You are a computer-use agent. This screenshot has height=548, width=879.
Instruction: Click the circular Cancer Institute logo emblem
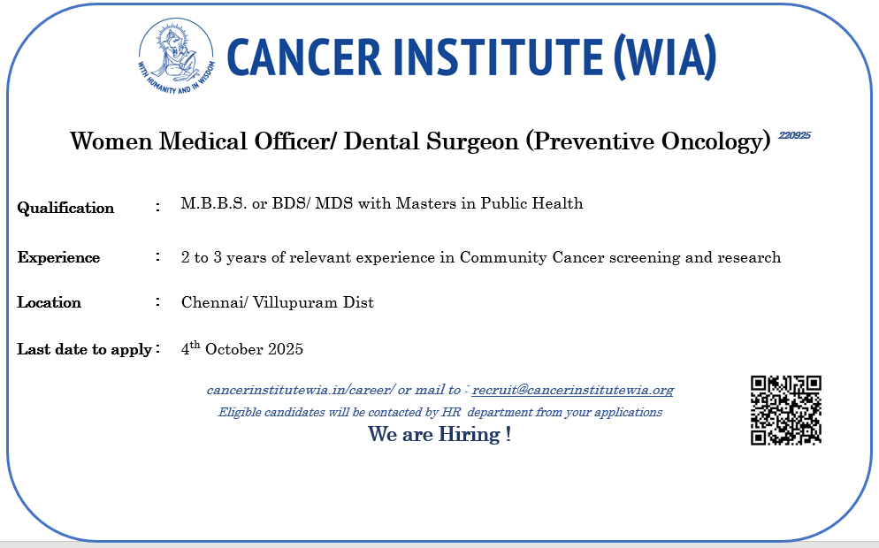177,56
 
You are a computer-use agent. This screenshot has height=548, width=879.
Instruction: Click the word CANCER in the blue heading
304,57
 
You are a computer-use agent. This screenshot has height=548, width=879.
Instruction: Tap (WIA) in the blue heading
665,57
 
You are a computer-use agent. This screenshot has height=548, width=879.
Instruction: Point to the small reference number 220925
794,135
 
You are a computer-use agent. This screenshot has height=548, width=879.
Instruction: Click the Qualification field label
65,208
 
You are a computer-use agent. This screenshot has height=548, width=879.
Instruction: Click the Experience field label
58,257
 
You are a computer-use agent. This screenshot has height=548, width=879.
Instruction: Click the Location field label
49,302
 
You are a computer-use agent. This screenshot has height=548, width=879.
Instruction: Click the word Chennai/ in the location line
214,302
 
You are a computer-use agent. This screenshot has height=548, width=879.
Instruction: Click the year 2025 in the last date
286,349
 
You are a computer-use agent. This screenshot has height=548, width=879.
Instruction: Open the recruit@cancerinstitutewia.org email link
573,390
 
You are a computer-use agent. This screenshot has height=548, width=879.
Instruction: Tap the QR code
786,411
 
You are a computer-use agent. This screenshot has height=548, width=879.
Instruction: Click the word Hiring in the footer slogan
469,434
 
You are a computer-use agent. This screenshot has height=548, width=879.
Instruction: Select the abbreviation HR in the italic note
451,413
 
